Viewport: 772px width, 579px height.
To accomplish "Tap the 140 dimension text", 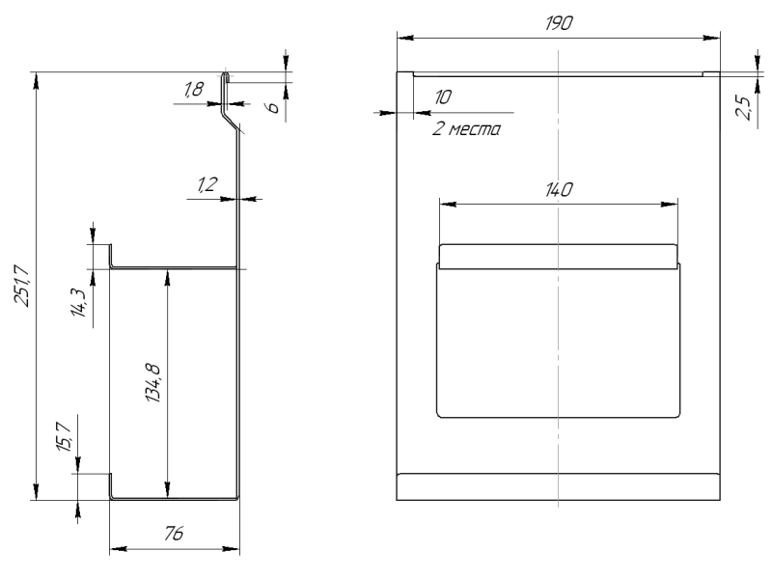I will pos(558,189).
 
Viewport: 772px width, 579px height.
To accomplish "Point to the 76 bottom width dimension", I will pos(174,536).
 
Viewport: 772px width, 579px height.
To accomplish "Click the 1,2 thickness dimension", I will pos(206,185).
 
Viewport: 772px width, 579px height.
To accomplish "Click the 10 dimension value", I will pos(443,97).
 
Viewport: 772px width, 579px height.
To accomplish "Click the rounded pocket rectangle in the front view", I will pos(558,343).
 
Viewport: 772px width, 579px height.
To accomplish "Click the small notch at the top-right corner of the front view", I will pos(710,72).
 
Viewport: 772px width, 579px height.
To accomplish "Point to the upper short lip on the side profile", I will pos(110,256).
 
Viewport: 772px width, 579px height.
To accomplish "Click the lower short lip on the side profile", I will pos(110,485).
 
